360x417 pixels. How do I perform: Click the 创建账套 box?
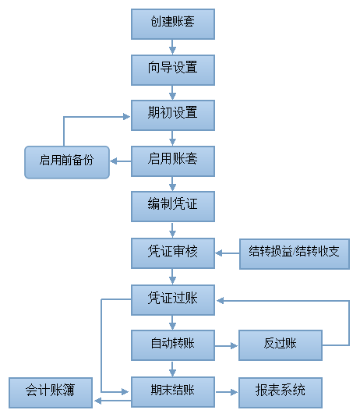(x=173, y=23)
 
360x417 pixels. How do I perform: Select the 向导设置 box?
(x=173, y=69)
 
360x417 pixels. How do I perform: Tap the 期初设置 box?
(x=173, y=114)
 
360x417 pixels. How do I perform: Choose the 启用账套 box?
(x=173, y=161)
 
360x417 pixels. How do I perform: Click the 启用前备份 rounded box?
(x=66, y=161)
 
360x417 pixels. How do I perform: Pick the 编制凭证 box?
(x=173, y=207)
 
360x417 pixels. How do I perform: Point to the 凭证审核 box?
(x=173, y=253)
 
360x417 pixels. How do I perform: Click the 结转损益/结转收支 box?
(x=294, y=253)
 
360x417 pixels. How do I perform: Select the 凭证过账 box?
(x=173, y=299)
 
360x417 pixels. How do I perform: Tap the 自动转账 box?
(x=173, y=345)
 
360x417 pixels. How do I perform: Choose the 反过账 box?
(x=280, y=345)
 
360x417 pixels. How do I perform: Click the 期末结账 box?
(x=173, y=390)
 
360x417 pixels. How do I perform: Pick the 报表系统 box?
(x=280, y=390)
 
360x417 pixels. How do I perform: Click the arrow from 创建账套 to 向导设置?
(x=173, y=45)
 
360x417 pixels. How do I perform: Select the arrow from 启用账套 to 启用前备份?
(x=120, y=161)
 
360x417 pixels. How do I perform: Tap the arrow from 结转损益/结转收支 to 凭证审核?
(x=228, y=253)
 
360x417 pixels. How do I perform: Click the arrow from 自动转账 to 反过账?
(x=227, y=345)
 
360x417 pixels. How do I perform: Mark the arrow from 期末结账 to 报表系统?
(x=227, y=390)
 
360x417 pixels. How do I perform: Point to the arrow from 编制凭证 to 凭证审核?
(x=173, y=230)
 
